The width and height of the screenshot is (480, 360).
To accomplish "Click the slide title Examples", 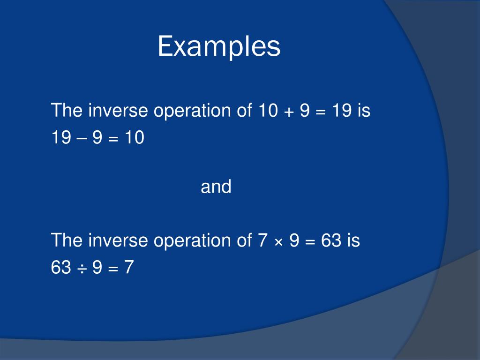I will tap(219, 47).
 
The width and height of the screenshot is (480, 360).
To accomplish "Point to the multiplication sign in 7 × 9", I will tap(278, 241).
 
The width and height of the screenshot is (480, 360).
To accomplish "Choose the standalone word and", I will tap(216, 187).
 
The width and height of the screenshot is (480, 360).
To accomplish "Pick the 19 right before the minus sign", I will tap(61, 138).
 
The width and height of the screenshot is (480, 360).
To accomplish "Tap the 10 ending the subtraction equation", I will tap(134, 138).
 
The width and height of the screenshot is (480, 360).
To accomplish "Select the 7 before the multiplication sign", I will tap(262, 240).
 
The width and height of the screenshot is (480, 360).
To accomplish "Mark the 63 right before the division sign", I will tap(61, 268).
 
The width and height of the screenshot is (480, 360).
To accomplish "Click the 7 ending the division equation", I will tap(129, 268).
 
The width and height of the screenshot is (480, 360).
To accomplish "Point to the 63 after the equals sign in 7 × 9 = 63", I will tap(331, 240).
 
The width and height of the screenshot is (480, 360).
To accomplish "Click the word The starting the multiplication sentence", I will tap(67, 240).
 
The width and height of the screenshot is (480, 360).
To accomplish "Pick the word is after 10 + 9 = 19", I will tap(364, 111).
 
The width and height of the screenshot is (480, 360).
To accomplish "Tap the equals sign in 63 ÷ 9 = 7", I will tap(114, 268).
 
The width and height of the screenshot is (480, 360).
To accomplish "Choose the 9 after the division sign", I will tap(98, 268).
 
